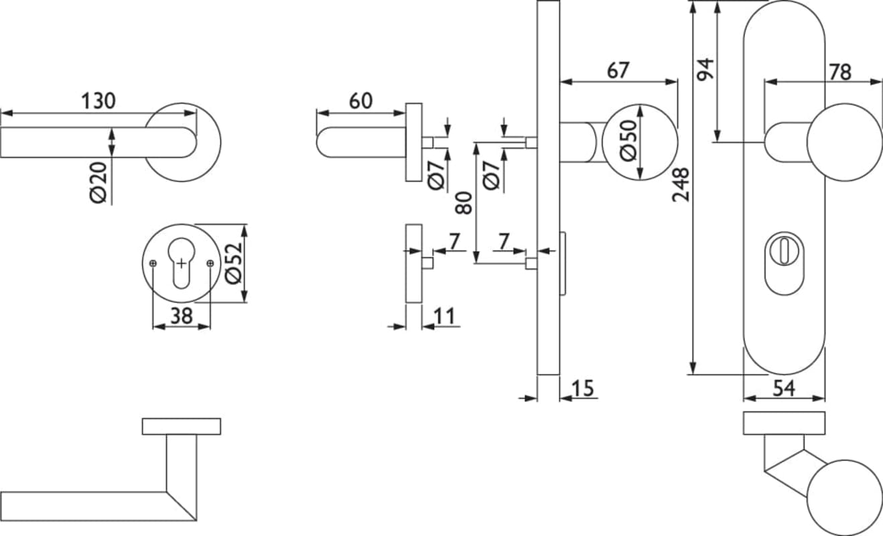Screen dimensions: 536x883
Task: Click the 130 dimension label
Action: (98, 101)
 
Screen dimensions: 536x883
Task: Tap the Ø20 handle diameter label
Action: (99, 182)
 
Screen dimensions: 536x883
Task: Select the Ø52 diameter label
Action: (232, 263)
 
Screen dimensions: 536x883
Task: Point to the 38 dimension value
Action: (181, 316)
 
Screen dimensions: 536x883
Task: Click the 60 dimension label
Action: (360, 101)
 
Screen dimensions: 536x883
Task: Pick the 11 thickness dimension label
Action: (444, 316)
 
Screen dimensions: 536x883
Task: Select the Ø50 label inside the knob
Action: (628, 142)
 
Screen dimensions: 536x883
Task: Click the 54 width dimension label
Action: (784, 387)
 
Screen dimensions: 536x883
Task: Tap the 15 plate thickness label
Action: (584, 388)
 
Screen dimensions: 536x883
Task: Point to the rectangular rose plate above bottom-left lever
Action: (181, 426)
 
